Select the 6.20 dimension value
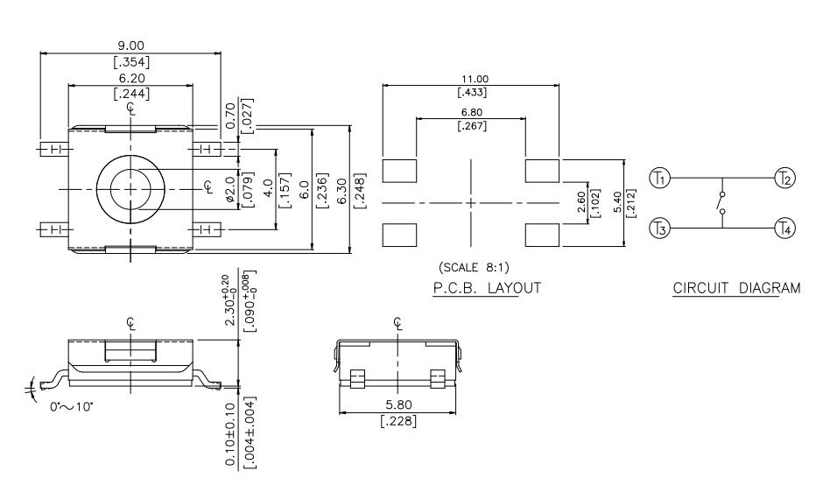click(x=130, y=78)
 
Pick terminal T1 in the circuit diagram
click(x=662, y=179)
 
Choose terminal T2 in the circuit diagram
click(x=783, y=179)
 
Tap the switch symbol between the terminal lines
click(x=721, y=203)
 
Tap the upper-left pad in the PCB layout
click(x=401, y=170)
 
